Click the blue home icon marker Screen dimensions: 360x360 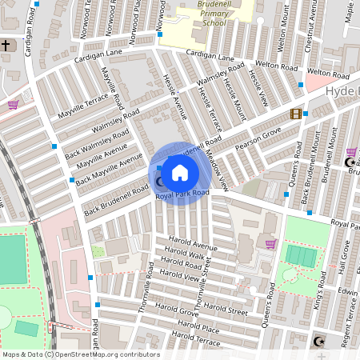click(180, 173)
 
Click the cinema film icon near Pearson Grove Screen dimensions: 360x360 click(296, 114)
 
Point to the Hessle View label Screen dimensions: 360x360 click(256, 88)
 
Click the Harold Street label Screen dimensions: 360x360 click(226, 308)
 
